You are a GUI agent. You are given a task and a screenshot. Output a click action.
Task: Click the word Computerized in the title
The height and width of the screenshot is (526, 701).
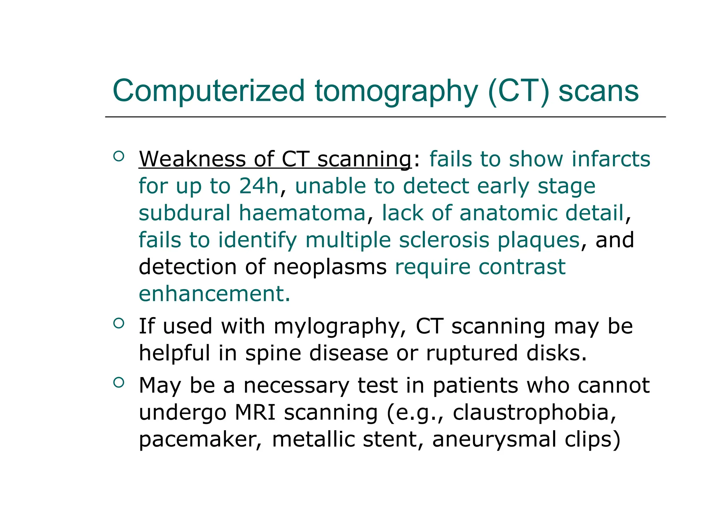coord(208,91)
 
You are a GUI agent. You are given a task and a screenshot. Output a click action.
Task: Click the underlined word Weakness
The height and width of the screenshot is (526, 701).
coord(192,159)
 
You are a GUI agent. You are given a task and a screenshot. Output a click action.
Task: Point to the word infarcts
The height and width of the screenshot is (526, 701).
coord(611,159)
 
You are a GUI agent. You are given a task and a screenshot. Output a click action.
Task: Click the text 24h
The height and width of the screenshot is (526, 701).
coord(259,186)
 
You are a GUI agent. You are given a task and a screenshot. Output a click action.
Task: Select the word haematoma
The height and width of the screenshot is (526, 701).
coord(302,213)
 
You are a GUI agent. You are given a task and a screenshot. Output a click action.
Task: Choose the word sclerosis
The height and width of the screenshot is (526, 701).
coord(444,240)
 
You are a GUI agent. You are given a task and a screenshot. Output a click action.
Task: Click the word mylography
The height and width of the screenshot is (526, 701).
coord(337,326)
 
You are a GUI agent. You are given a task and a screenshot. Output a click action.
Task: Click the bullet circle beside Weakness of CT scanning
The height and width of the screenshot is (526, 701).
coord(118,156)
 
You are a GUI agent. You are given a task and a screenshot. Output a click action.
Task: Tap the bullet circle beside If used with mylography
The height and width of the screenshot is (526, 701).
coord(118,323)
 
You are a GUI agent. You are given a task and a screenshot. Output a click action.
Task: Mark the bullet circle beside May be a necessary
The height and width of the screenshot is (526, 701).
coord(118,383)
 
